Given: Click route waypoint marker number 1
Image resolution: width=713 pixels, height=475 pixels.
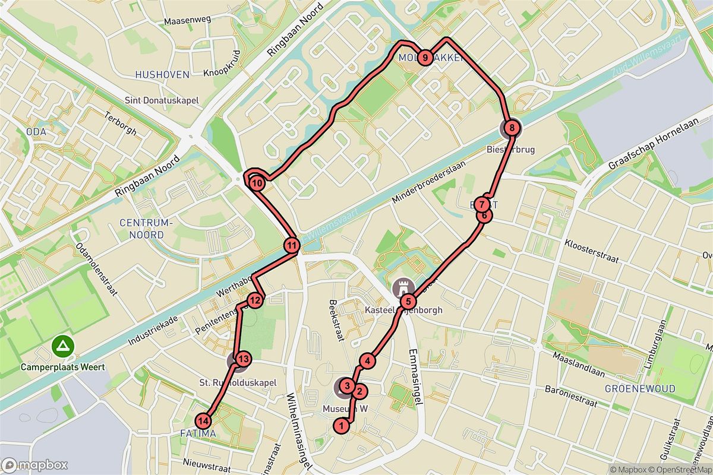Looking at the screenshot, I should (x=341, y=425).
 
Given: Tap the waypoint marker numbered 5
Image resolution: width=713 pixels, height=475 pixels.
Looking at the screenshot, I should (x=411, y=301).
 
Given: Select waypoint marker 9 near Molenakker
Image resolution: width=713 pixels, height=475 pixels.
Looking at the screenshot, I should (x=425, y=58).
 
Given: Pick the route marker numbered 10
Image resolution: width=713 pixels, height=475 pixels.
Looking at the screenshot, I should (x=257, y=183).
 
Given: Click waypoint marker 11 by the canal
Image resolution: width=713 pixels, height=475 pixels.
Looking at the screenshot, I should (x=292, y=245).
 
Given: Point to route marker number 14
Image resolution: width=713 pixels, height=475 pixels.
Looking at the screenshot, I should (x=203, y=421).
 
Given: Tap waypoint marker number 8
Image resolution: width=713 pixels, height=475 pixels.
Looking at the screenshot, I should (x=511, y=126).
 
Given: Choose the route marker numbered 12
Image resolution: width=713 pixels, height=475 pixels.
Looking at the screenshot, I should (x=254, y=300).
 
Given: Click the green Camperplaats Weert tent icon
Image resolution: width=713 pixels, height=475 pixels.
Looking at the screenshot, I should (x=61, y=345).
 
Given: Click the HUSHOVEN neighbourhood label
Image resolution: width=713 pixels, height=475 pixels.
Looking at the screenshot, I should (x=162, y=75).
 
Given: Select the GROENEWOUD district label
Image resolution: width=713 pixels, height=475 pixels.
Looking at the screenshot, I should (x=639, y=389).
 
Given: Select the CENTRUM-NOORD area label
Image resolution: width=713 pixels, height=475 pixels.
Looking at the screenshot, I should (x=145, y=229).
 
